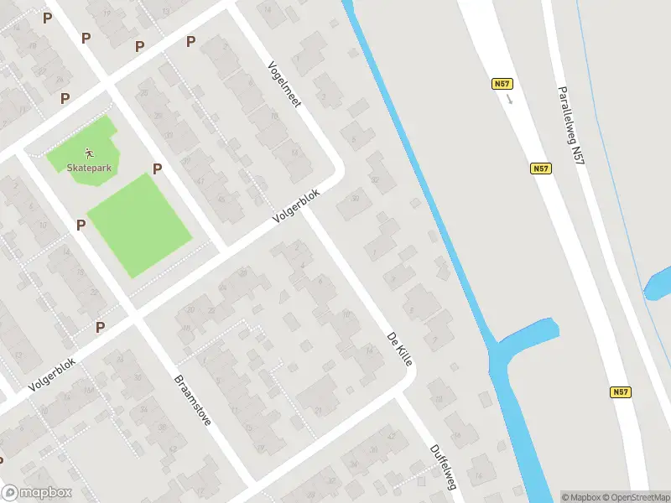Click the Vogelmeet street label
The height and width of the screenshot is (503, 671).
[283, 84]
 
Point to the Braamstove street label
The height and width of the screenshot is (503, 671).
[192, 400]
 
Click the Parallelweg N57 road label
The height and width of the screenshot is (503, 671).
[570, 123]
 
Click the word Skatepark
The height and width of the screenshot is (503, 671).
[88, 167]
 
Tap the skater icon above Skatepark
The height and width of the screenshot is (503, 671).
[88, 153]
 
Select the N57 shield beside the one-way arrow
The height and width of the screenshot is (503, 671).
[501, 84]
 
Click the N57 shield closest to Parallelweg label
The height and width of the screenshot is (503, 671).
[541, 169]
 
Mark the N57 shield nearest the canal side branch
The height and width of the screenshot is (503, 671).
[620, 392]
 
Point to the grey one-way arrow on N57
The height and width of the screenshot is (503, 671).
[509, 98]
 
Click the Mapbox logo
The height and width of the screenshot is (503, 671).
[36, 493]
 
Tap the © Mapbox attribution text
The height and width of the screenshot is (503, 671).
[580, 497]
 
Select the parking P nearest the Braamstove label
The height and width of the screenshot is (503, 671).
[101, 327]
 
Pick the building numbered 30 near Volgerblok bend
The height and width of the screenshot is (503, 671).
[355, 198]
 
